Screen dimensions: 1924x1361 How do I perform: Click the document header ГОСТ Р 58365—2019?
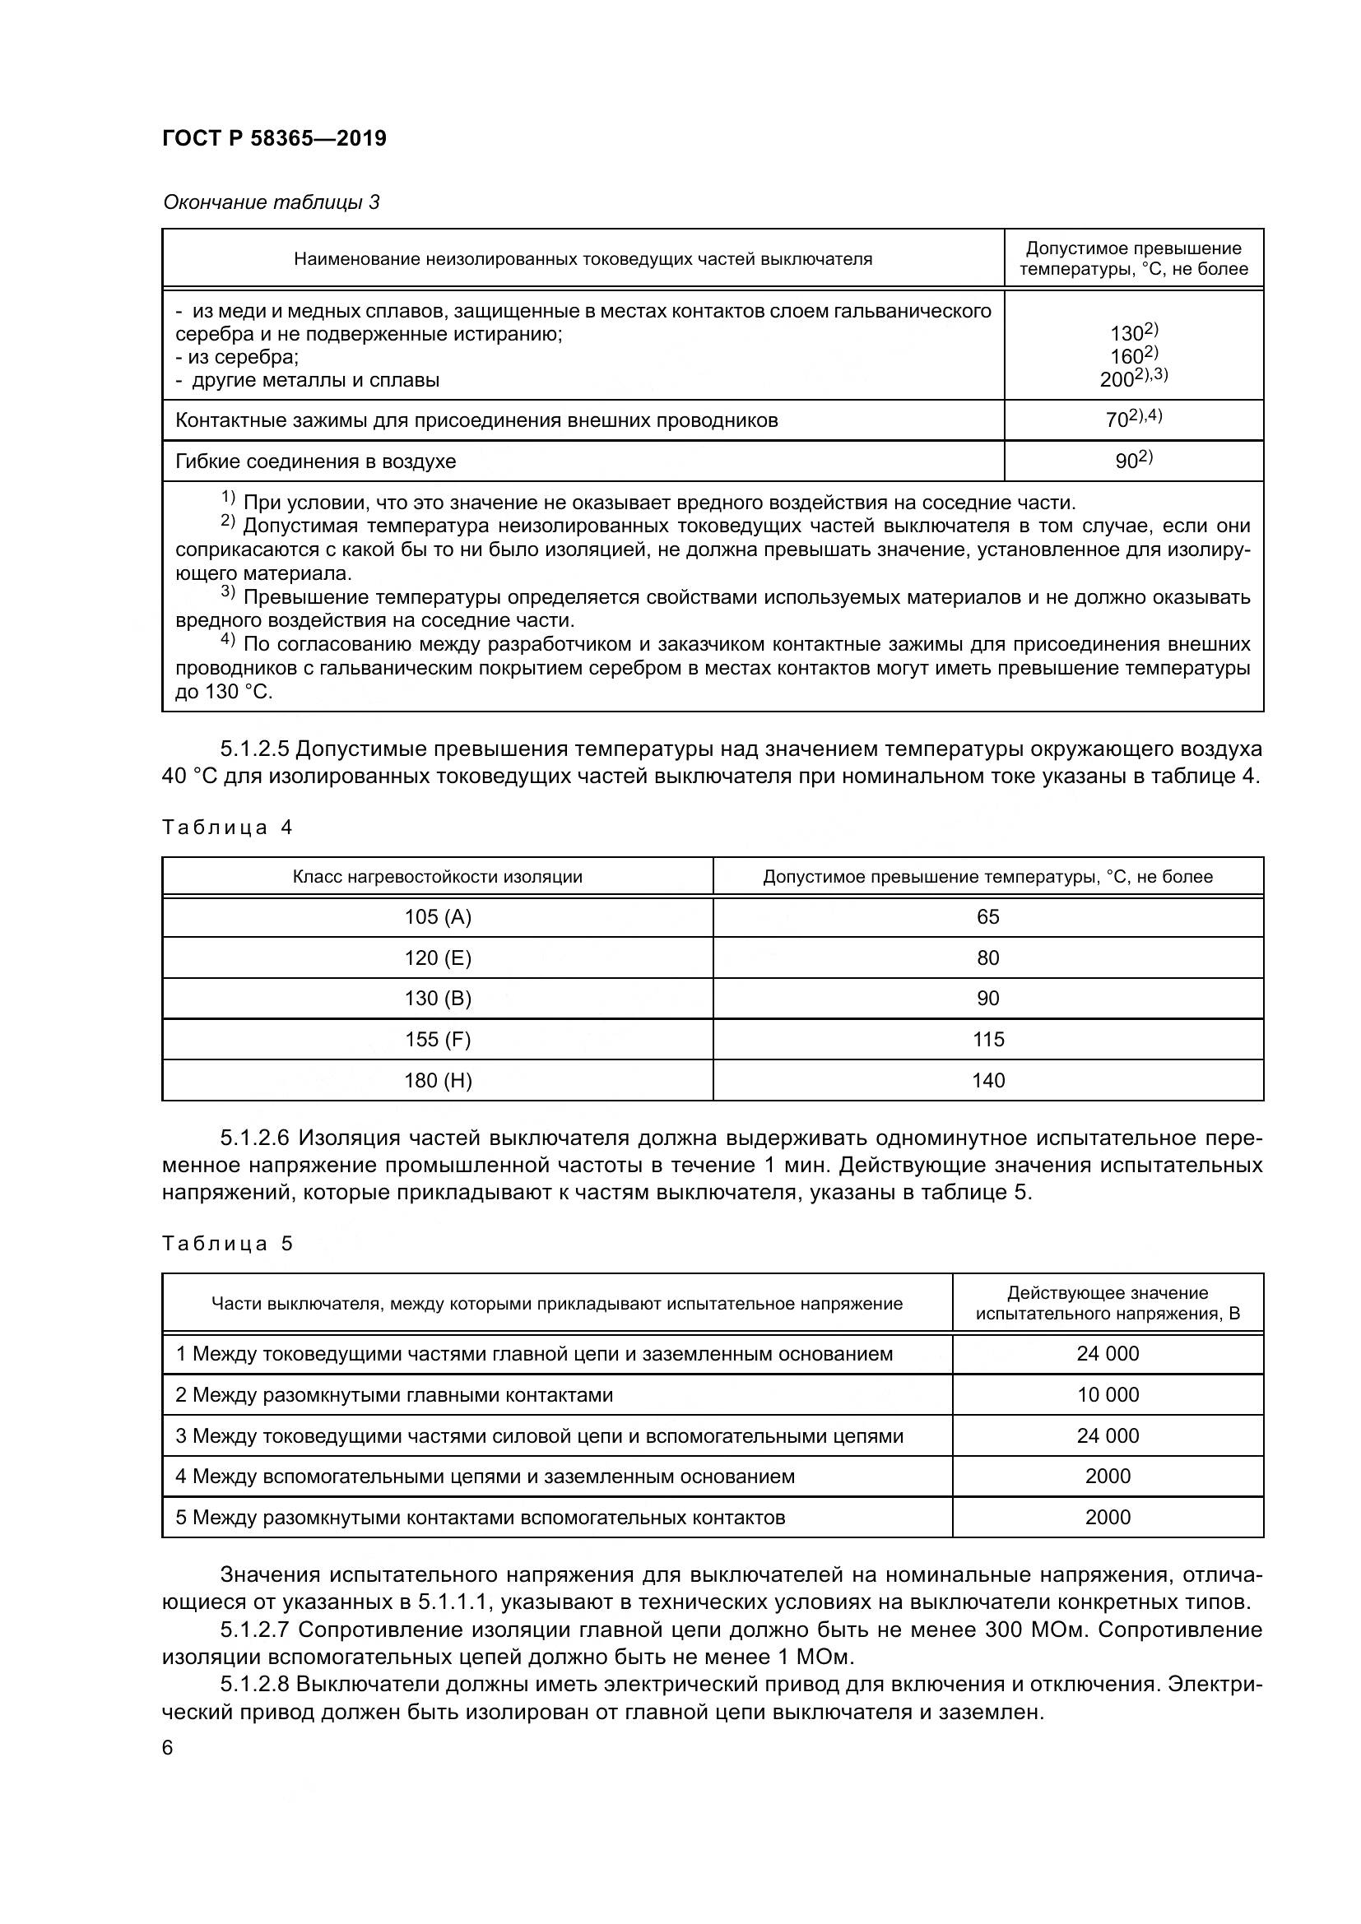click(274, 138)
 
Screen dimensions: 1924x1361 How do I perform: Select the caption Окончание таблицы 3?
click(271, 202)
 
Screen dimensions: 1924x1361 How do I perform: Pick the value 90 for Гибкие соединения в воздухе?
click(1126, 461)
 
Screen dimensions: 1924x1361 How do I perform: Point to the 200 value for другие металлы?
click(1117, 379)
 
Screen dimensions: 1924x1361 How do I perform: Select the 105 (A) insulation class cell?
click(438, 916)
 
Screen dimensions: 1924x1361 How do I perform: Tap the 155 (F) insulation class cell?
click(438, 1039)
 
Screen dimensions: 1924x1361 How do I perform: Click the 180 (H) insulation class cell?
click(438, 1080)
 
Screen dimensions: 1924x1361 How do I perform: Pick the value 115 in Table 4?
click(988, 1039)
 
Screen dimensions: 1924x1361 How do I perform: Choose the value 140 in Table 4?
click(988, 1080)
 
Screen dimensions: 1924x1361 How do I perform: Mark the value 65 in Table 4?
click(988, 916)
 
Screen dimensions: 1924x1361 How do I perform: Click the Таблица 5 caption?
click(227, 1243)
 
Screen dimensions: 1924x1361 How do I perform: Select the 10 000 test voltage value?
click(1108, 1394)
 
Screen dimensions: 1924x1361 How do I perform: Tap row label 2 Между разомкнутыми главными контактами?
click(394, 1394)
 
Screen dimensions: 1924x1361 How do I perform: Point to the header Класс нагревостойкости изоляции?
click(438, 877)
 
